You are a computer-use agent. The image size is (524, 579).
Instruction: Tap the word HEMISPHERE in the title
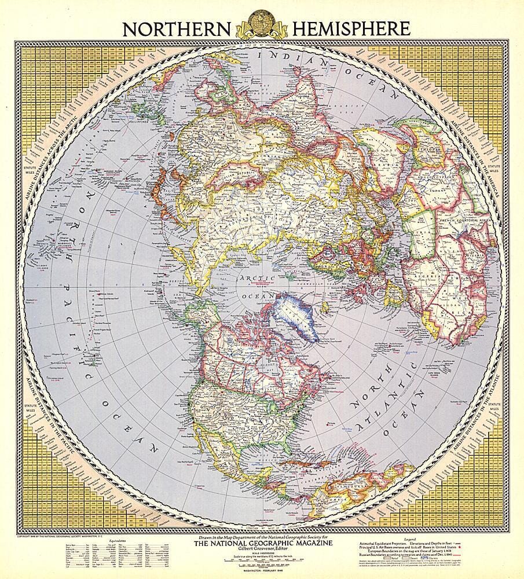350,28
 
